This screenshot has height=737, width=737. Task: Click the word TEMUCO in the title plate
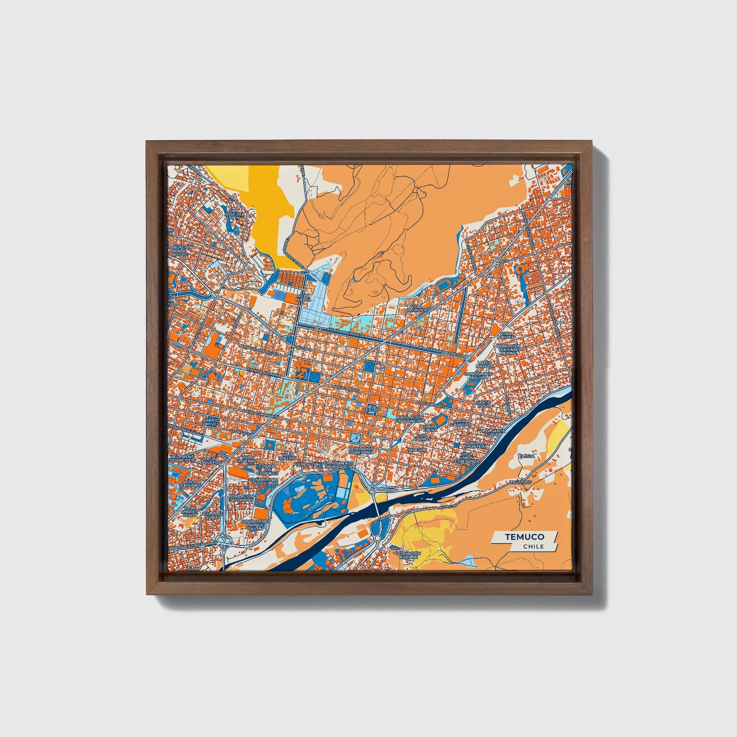tap(524, 537)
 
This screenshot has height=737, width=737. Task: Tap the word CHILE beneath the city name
tap(533, 546)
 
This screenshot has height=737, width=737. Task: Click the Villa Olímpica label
tap(417, 309)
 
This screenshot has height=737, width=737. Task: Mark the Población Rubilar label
tap(409, 555)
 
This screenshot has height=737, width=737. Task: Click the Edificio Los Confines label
tap(267, 469)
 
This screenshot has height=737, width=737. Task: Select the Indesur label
tap(417, 450)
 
